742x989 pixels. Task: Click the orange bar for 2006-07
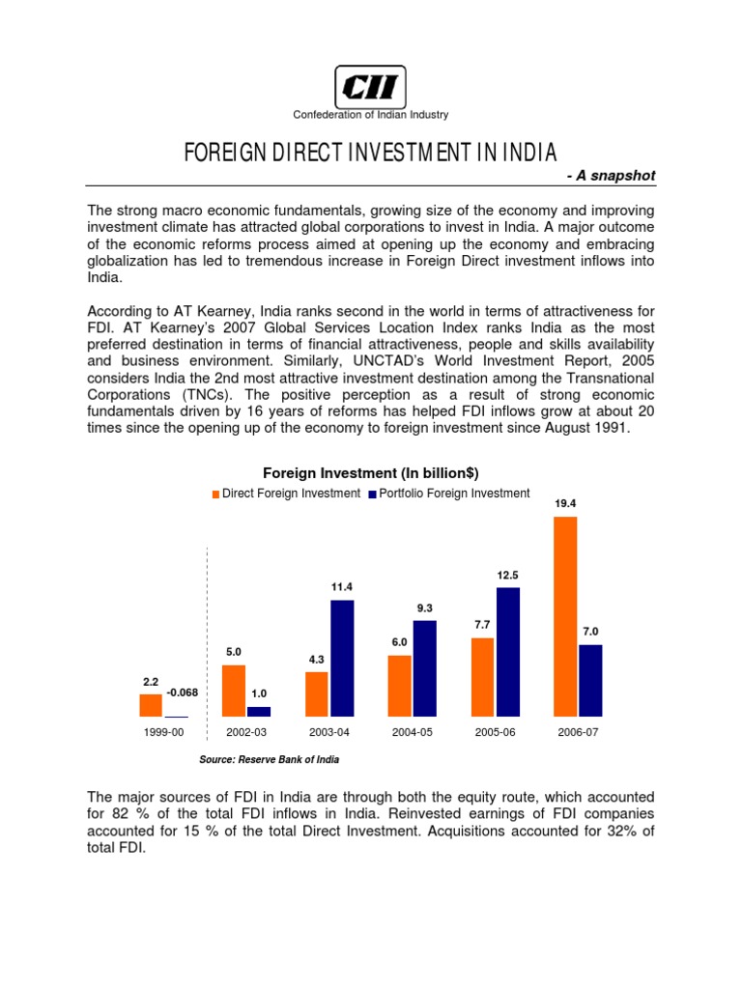[564, 617]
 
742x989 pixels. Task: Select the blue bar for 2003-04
[342, 659]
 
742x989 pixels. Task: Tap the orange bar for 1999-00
[151, 706]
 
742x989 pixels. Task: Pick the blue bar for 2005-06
[507, 653]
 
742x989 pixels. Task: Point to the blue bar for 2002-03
[259, 712]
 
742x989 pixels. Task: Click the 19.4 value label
[564, 504]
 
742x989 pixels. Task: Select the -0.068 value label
[184, 692]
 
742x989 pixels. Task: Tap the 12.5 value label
[508, 575]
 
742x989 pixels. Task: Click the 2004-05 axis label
[413, 732]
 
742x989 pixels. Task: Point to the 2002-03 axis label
[246, 732]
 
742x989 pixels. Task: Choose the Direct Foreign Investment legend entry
[286, 494]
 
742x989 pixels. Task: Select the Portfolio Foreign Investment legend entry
[449, 494]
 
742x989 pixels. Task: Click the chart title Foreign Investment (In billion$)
[371, 472]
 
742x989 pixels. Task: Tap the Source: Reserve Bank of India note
[269, 760]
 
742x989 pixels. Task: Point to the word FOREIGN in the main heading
[221, 153]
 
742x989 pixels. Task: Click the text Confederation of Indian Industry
[371, 115]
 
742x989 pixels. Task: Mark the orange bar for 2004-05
[399, 687]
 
